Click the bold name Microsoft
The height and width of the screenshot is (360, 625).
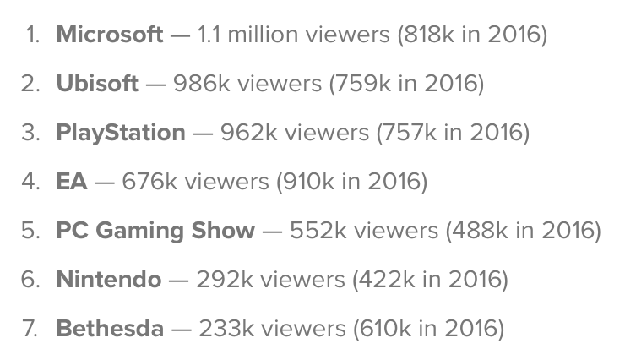coord(110,35)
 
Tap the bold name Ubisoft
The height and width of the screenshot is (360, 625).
coord(97,84)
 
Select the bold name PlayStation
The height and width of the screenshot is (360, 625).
coord(121,133)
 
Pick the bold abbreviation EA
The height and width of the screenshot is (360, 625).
coord(72,181)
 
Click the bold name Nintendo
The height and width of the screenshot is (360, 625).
coord(108,279)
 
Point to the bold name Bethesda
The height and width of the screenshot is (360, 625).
coord(110,328)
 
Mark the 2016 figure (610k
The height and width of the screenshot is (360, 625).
coord(378,328)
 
